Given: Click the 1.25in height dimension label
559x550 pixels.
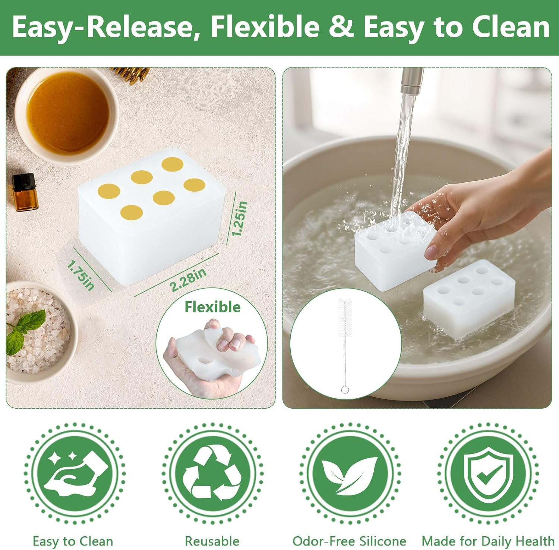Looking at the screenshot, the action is click(x=240, y=219).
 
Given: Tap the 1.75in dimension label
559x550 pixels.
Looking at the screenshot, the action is click(x=80, y=275).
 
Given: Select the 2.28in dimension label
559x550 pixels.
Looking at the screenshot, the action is click(x=188, y=280).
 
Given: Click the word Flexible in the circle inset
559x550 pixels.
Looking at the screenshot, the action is click(x=212, y=307).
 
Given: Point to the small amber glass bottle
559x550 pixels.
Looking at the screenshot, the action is click(x=23, y=192).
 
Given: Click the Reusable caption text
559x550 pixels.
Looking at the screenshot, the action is click(x=212, y=541).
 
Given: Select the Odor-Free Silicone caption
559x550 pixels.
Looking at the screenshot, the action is click(x=349, y=541).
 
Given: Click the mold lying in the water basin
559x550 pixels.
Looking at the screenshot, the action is click(x=469, y=298).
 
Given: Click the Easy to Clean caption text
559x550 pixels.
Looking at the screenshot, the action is click(x=73, y=541).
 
